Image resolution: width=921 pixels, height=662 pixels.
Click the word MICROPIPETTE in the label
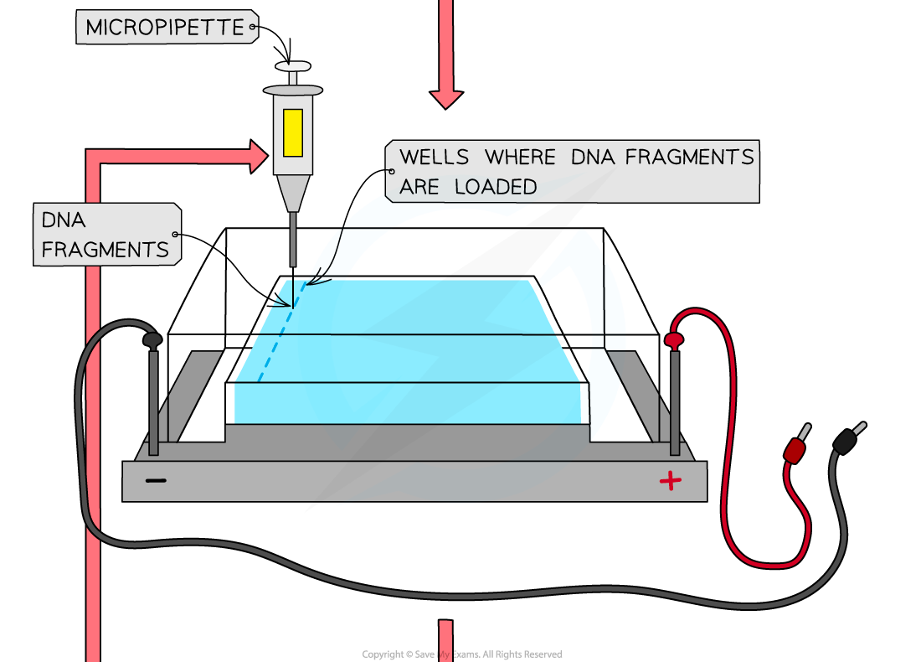(164, 28)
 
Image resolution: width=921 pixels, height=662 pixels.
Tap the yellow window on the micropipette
(292, 132)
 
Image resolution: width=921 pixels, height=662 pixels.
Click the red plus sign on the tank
(670, 480)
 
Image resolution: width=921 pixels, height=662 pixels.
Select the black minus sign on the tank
(156, 481)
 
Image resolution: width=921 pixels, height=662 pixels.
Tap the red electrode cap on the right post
(674, 339)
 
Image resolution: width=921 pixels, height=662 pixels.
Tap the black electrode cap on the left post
(152, 340)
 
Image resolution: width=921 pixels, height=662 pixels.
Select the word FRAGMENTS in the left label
(105, 249)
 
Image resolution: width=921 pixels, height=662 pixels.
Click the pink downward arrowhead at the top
(446, 98)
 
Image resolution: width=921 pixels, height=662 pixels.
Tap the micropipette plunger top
(292, 66)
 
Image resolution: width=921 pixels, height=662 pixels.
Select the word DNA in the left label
(63, 220)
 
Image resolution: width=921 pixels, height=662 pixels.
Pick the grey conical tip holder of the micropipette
(292, 193)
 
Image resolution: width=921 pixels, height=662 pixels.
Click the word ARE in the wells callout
(419, 187)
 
